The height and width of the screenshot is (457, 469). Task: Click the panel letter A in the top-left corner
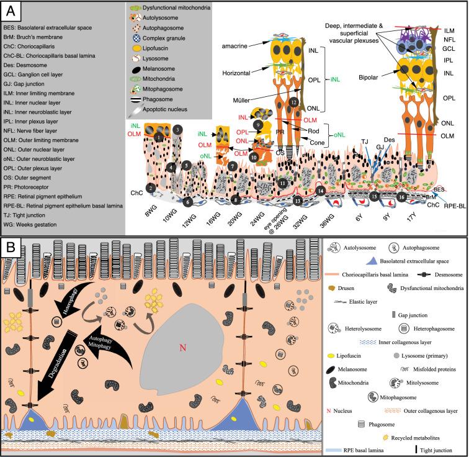(11, 11)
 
